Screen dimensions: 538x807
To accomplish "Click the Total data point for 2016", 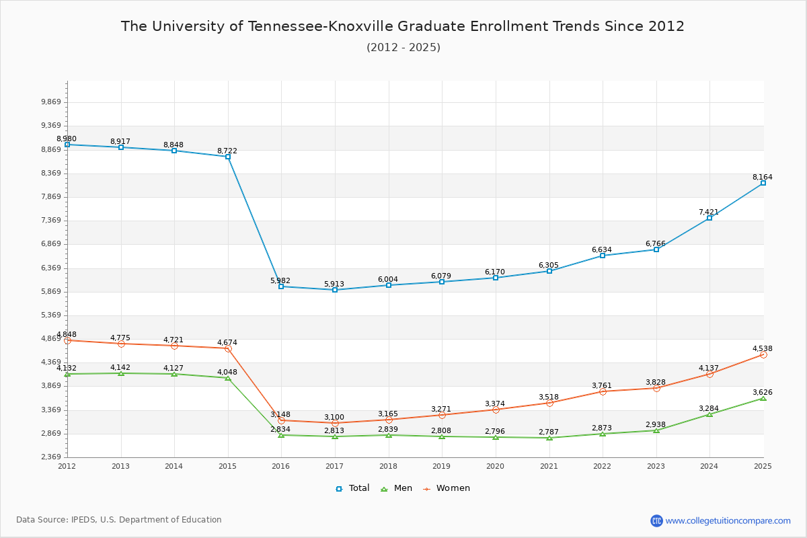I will tap(281, 286).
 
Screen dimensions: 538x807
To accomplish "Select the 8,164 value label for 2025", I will tap(762, 178).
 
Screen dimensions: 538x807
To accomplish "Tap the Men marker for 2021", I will tap(549, 438).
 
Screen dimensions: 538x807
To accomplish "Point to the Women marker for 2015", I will tap(228, 348).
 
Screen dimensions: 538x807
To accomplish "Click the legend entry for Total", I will tap(352, 488).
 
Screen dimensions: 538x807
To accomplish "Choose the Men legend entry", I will tap(397, 488).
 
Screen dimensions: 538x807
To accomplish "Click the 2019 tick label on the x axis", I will tap(442, 466).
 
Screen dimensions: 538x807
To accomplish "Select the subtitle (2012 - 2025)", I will tap(403, 48).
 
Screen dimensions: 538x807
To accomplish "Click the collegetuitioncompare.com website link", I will tap(728, 521).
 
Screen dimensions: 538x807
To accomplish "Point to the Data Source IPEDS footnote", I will tap(119, 520).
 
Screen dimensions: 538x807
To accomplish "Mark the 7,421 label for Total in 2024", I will tap(708, 213).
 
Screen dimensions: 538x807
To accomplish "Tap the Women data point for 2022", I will tap(603, 391).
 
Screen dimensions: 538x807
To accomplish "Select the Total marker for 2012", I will tap(67, 145).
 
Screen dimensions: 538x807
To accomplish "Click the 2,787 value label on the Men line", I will tap(548, 431).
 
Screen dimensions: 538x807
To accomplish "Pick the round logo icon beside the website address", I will tap(656, 521).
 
